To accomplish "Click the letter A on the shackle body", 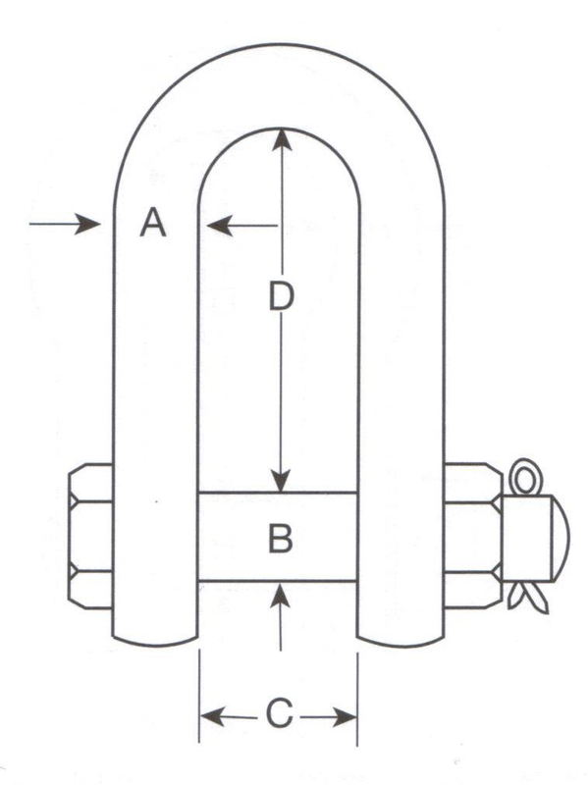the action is tap(153, 223).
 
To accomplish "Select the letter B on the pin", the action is tap(281, 538).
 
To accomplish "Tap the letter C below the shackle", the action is tap(279, 713).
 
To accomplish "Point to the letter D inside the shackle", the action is tap(281, 295).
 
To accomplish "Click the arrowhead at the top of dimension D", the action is tap(282, 139).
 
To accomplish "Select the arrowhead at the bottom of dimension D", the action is tap(282, 482).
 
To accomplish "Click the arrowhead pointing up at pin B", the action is tap(281, 595).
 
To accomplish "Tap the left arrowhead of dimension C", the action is tap(212, 717).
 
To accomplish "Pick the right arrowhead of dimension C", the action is tap(346, 717).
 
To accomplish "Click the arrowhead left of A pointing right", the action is tap(87, 224).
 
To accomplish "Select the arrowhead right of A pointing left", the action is tap(219, 226).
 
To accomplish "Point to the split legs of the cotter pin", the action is tap(528, 598).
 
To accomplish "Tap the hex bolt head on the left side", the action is tap(90, 536).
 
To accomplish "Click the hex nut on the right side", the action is tap(473, 535).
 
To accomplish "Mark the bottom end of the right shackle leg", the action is tap(401, 642).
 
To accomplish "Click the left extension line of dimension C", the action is tap(199, 697).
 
